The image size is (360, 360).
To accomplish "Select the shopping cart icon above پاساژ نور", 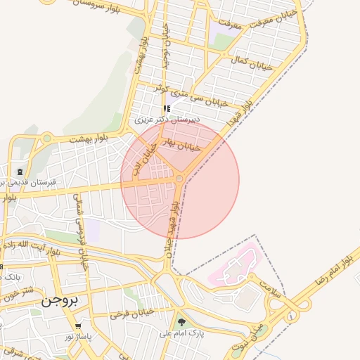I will pyautogui.click(x=78, y=326).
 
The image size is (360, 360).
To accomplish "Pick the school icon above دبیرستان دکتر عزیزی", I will pyautogui.click(x=167, y=109).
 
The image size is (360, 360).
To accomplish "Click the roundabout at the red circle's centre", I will pyautogui.click(x=180, y=181).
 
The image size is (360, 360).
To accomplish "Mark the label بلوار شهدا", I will pyautogui.click(x=238, y=112).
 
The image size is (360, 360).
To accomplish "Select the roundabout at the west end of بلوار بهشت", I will pyautogui.click(x=46, y=139).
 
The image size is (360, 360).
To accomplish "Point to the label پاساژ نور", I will pyautogui.click(x=79, y=337).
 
